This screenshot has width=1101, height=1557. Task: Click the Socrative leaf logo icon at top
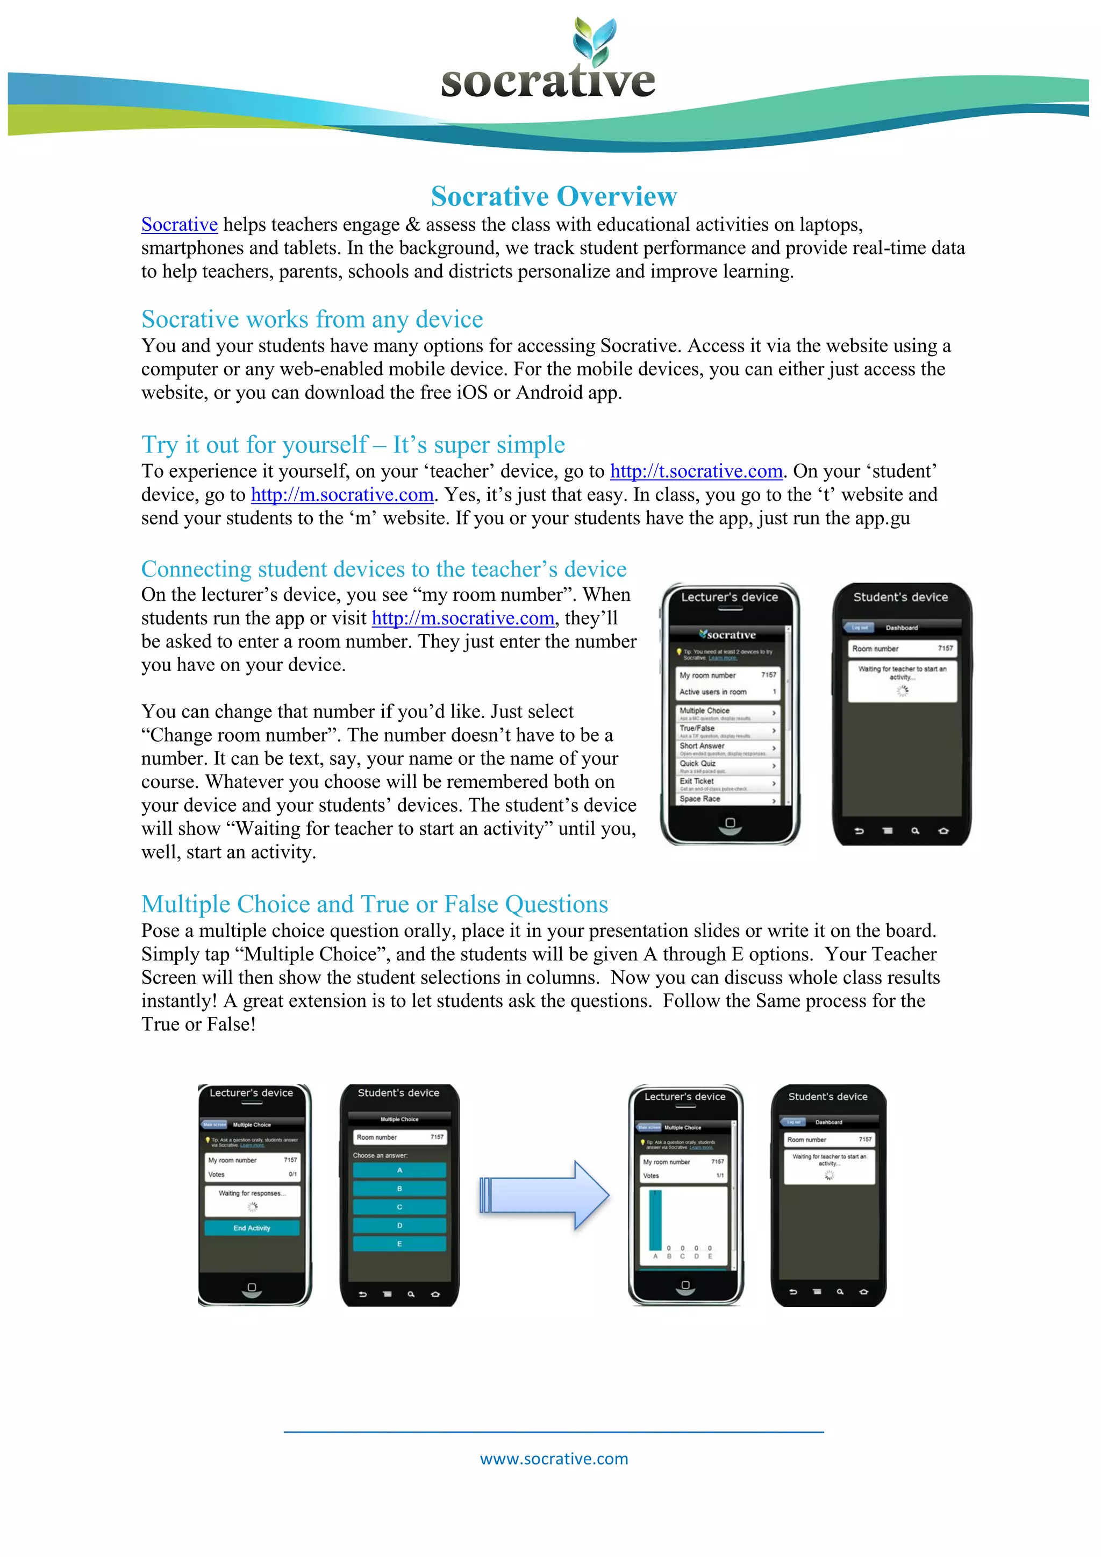pos(595,39)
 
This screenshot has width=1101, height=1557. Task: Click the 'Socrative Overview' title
pos(554,197)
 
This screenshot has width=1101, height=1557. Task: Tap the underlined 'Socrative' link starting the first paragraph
pos(180,224)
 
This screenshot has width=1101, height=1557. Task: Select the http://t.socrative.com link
pos(696,471)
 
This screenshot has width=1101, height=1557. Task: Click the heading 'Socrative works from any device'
pos(312,319)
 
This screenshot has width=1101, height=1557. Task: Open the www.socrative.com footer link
pos(554,1458)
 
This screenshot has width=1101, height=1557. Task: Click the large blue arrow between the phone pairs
pos(545,1195)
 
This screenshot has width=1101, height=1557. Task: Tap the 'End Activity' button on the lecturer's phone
pos(252,1228)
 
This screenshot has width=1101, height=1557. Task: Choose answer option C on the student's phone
pos(399,1207)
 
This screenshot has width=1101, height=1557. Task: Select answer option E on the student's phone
pos(399,1243)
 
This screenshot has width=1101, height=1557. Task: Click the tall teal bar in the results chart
pos(655,1220)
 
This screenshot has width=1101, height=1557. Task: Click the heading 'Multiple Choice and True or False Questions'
pos(374,904)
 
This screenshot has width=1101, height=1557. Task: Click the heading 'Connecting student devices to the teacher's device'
pos(384,569)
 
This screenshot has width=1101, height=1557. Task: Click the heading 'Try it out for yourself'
pos(353,445)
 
